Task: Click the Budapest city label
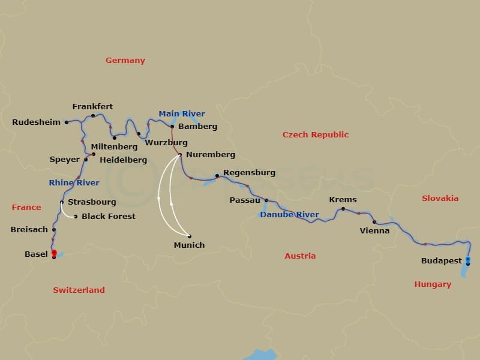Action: pos(442,261)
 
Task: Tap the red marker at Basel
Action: pos(54,253)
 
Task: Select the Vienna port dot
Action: pos(374,222)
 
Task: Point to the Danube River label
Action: pos(290,214)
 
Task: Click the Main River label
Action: pos(182,114)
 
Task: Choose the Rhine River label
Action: pos(74,182)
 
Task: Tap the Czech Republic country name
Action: pos(316,135)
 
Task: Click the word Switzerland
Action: pos(79,290)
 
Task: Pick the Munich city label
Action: pos(189,245)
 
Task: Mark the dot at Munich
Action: pos(190,236)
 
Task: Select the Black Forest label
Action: pos(109,216)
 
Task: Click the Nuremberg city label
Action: pos(211,155)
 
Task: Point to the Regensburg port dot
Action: pos(217,176)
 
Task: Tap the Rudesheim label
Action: pos(36,122)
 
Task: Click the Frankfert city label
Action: pos(92,107)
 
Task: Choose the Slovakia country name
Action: pos(440,199)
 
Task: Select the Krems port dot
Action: pos(343,209)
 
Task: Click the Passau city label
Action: pos(245,200)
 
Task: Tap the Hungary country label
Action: pos(433,284)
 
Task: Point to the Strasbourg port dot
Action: pos(62,202)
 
